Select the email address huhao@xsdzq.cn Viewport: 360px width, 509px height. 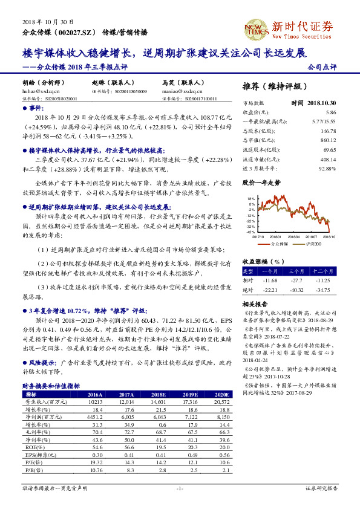pos(37,90)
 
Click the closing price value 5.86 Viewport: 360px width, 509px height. pos(330,112)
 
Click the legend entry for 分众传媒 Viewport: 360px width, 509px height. pos(280,244)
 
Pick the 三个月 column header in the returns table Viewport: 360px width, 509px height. pos(296,271)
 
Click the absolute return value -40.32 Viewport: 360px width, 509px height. pos(296,291)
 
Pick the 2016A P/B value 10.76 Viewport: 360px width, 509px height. pos(96,470)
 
